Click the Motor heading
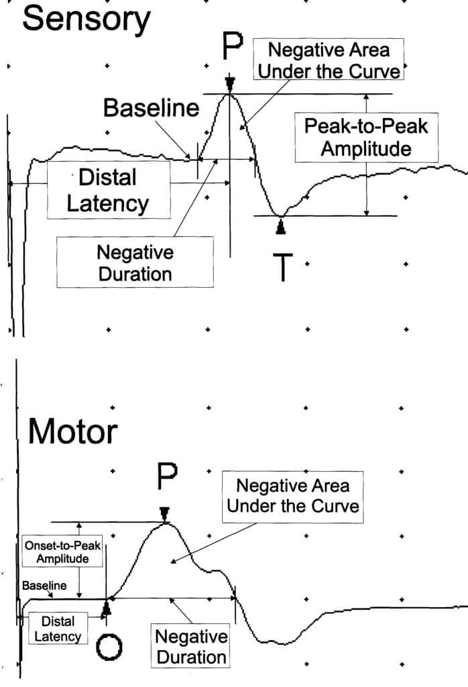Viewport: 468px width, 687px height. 72,433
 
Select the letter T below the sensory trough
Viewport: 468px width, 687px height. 284,267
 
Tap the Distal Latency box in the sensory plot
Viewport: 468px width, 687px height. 107,190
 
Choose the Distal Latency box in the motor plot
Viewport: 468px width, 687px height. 58,629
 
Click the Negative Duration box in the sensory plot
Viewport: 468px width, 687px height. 135,262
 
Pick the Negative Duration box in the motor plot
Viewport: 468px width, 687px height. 191,646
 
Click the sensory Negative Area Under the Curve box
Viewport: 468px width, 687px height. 329,60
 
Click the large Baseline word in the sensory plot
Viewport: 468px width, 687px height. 151,107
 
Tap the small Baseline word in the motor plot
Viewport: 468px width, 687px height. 44,586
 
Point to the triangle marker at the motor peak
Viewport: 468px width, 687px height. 164,513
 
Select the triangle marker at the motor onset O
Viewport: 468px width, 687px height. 106,609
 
